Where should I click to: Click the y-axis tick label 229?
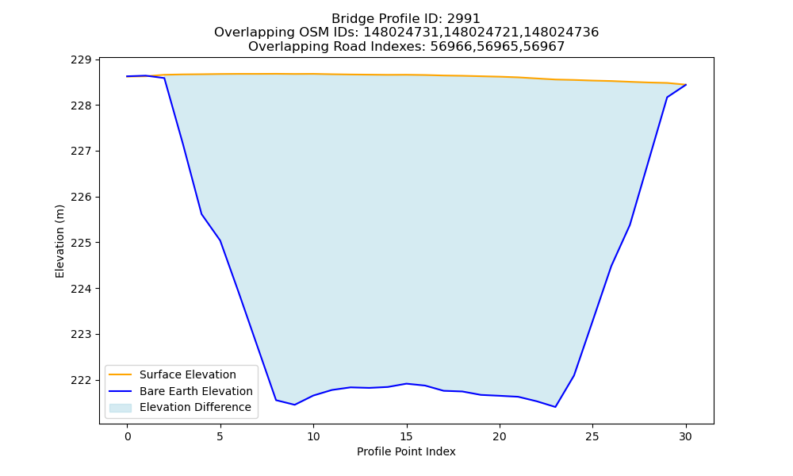coord(81,59)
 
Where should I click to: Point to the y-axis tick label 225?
coord(81,243)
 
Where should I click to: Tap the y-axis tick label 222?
coord(81,380)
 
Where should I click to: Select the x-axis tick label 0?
coord(128,436)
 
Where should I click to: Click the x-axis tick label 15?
coord(406,436)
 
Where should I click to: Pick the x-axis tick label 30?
coord(685,436)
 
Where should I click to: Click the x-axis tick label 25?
coord(592,436)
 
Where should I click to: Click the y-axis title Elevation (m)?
coord(59,241)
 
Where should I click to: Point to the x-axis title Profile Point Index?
coord(406,451)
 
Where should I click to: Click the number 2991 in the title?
coord(463,19)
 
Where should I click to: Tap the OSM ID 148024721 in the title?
coord(481,33)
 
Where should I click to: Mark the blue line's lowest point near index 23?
coord(555,407)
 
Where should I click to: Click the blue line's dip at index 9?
coord(295,405)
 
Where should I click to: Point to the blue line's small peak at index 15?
coord(406,383)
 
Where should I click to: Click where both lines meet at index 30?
coord(686,84)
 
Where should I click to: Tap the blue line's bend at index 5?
coord(220,240)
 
